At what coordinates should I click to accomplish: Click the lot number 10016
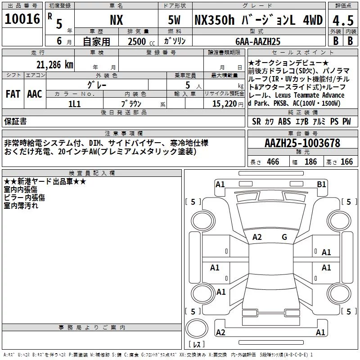pyautogui.click(x=22, y=19)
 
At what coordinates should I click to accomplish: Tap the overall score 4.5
pyautogui.click(x=343, y=20)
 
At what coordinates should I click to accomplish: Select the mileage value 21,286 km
pyautogui.click(x=54, y=65)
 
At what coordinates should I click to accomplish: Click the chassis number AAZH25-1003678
pyautogui.click(x=302, y=143)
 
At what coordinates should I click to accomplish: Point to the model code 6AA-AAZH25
pyautogui.click(x=258, y=41)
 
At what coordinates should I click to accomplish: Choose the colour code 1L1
pyautogui.click(x=74, y=104)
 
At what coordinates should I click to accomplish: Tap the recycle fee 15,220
pyautogui.click(x=225, y=104)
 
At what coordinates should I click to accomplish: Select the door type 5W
pyautogui.click(x=174, y=20)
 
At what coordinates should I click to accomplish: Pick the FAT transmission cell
pyautogui.click(x=13, y=94)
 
